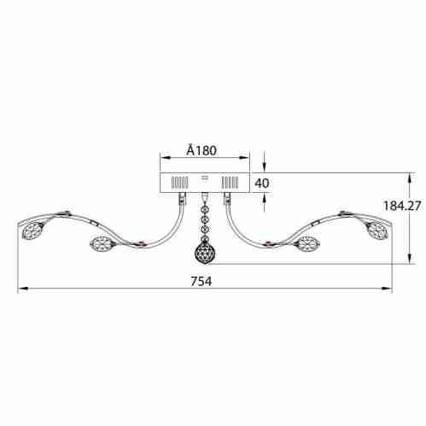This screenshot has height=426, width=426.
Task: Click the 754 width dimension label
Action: [x=201, y=282]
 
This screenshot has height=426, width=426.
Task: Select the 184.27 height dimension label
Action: [x=402, y=206]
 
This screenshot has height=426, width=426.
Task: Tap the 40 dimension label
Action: [x=262, y=184]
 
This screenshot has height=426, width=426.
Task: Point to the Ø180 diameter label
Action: [x=201, y=150]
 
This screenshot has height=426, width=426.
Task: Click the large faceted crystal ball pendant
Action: [x=204, y=253]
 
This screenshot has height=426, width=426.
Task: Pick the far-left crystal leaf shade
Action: [x=33, y=231]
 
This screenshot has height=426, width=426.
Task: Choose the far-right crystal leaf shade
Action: [x=376, y=230]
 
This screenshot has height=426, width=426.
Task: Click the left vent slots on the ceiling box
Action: [x=179, y=183]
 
